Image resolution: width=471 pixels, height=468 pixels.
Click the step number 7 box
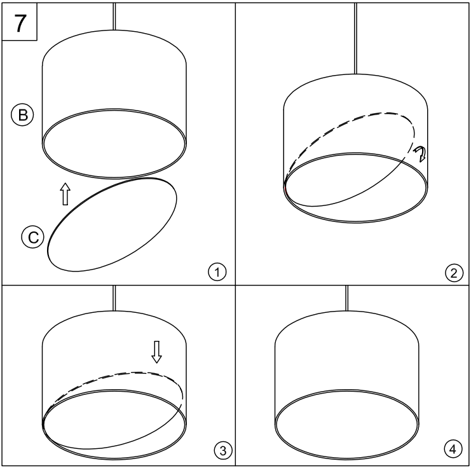(x=21, y=22)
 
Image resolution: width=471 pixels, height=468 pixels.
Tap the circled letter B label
(x=20, y=115)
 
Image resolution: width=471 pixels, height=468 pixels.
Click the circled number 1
(x=217, y=273)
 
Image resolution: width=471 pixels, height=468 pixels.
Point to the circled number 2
(x=452, y=274)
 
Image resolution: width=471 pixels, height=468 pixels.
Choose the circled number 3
(x=217, y=450)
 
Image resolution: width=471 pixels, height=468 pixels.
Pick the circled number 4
(x=452, y=450)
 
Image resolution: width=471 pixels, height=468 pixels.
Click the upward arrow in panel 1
(x=64, y=195)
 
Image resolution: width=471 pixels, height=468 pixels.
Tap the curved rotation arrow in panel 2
(x=420, y=153)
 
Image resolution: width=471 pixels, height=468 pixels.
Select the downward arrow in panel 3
(x=157, y=351)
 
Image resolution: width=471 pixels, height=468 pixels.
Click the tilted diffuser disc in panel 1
(x=113, y=226)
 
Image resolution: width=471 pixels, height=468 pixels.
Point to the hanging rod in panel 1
(x=114, y=15)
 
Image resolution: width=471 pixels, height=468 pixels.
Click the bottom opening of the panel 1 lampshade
(x=114, y=143)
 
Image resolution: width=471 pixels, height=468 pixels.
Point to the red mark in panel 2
(x=287, y=188)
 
